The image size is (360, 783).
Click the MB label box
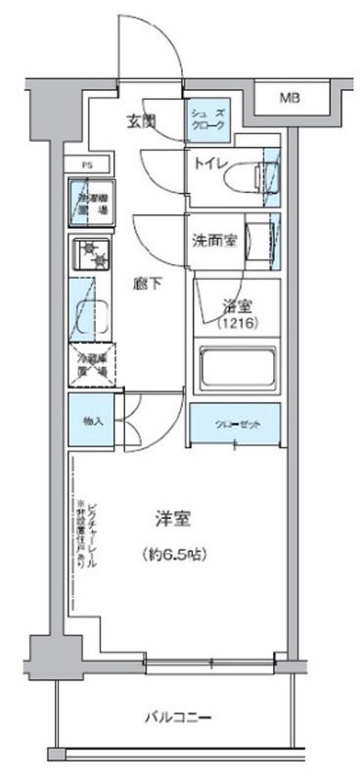click(291, 98)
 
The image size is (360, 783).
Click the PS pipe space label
click(86, 165)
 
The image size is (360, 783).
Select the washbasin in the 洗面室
click(258, 239)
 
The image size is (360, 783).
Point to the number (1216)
click(237, 322)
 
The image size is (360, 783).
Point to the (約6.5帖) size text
click(172, 553)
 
